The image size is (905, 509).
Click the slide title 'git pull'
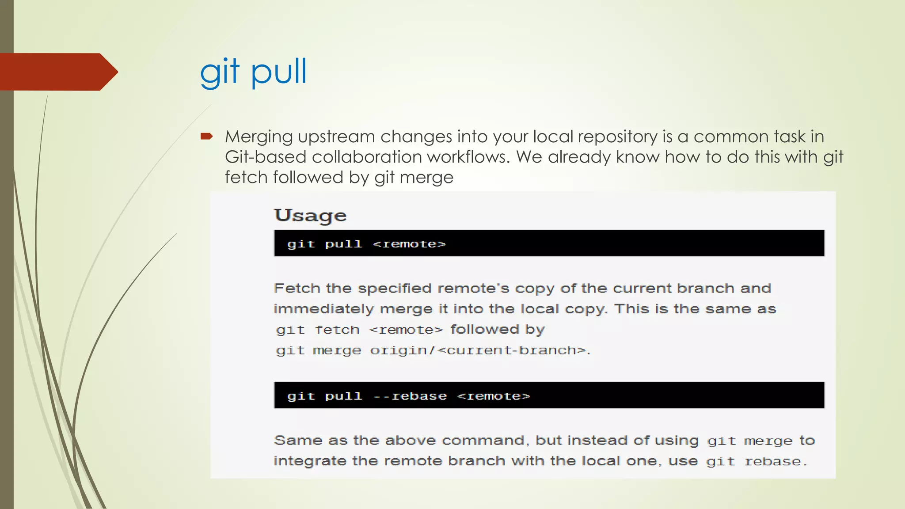[253, 72]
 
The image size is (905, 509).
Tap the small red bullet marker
[206, 136]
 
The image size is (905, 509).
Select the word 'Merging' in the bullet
[259, 137]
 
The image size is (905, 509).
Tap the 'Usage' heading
[310, 216]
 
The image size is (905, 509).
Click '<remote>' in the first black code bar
[409, 244]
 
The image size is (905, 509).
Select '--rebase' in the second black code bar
[410, 396]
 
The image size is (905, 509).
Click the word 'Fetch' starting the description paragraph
[297, 289]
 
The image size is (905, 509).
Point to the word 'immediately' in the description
[323, 309]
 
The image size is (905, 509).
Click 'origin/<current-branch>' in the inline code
[479, 350]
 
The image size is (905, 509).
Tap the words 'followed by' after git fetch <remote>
[498, 330]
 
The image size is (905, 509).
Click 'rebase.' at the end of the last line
[776, 462]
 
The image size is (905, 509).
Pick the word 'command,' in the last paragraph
[483, 441]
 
